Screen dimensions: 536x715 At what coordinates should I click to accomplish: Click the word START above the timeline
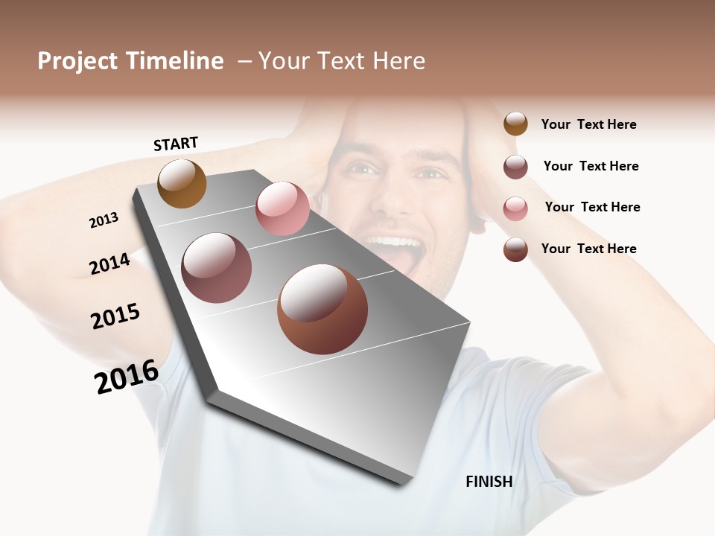tap(176, 144)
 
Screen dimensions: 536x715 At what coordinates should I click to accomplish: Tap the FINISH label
tap(489, 482)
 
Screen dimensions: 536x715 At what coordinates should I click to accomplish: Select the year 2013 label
tap(104, 220)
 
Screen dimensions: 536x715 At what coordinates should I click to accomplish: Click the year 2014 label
tap(109, 264)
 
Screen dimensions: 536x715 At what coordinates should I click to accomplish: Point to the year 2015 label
tap(115, 316)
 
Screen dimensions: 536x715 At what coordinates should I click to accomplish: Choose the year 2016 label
tap(127, 377)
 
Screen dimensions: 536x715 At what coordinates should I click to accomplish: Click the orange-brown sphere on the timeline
tap(182, 183)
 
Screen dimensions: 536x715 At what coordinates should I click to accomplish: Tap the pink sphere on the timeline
tap(282, 208)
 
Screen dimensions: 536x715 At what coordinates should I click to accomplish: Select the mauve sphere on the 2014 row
tap(217, 268)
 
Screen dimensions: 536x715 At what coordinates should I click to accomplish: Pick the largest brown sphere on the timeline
tap(322, 309)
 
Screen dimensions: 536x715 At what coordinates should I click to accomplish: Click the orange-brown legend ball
tap(515, 124)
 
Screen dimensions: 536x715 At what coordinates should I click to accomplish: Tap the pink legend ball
tap(515, 208)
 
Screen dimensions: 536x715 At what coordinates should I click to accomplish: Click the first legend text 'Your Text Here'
tap(588, 124)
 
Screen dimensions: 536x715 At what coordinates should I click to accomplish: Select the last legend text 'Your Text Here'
tap(588, 249)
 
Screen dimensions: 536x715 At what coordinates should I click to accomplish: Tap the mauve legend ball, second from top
tap(515, 167)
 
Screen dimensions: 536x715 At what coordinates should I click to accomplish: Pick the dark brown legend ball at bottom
tap(515, 249)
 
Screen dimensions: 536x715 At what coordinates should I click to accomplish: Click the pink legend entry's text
tap(592, 207)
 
